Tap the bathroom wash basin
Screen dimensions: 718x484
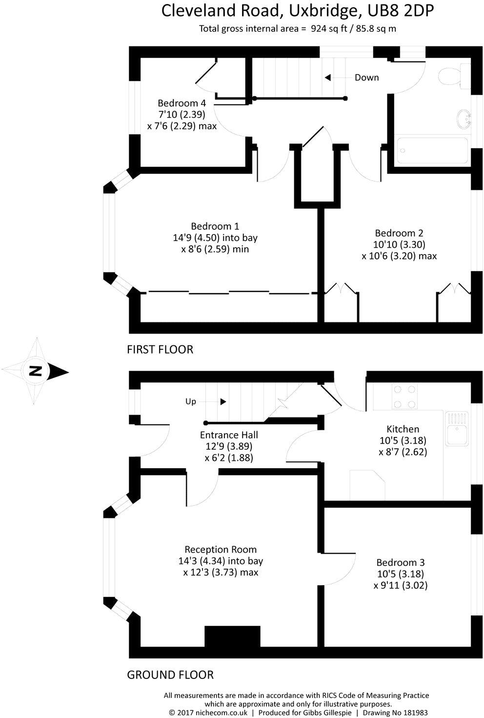(x=463, y=119)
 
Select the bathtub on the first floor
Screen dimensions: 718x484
(x=432, y=151)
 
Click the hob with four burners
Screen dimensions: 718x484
(x=405, y=397)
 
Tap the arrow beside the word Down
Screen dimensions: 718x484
(x=328, y=78)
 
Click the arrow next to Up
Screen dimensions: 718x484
(x=223, y=401)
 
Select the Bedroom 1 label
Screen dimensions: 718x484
(x=215, y=226)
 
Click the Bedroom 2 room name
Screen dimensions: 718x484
(x=399, y=233)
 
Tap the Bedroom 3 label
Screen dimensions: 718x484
(x=400, y=562)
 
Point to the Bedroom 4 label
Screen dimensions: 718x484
(x=181, y=103)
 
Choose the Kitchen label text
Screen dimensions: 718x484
(x=403, y=429)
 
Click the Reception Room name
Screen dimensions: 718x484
(x=221, y=549)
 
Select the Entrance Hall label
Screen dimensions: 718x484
(x=229, y=435)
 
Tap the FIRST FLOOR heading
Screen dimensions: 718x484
(x=160, y=349)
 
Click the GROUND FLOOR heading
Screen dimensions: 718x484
(x=170, y=675)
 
